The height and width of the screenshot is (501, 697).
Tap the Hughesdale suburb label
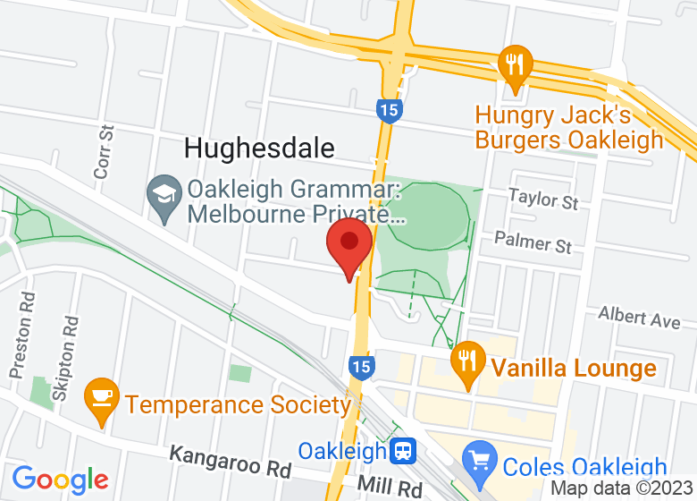[259, 149]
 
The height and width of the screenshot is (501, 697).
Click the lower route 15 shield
[360, 366]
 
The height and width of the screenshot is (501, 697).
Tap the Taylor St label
[543, 199]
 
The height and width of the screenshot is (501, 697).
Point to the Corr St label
[104, 151]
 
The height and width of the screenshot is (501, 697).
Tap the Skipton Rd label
[68, 346]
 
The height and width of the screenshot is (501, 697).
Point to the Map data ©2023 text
[622, 488]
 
